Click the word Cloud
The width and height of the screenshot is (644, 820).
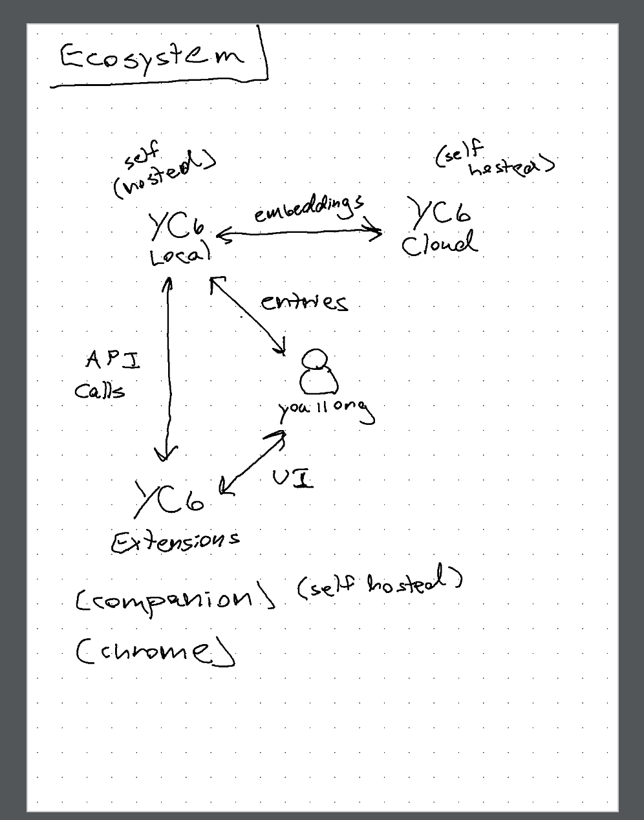point(439,245)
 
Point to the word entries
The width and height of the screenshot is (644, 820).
point(304,302)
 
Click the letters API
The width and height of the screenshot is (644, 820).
point(113,360)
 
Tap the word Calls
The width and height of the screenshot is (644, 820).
point(100,390)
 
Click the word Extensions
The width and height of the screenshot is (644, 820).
point(175,541)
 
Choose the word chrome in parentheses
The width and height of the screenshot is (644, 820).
point(155,652)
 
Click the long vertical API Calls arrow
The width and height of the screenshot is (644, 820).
point(169,369)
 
